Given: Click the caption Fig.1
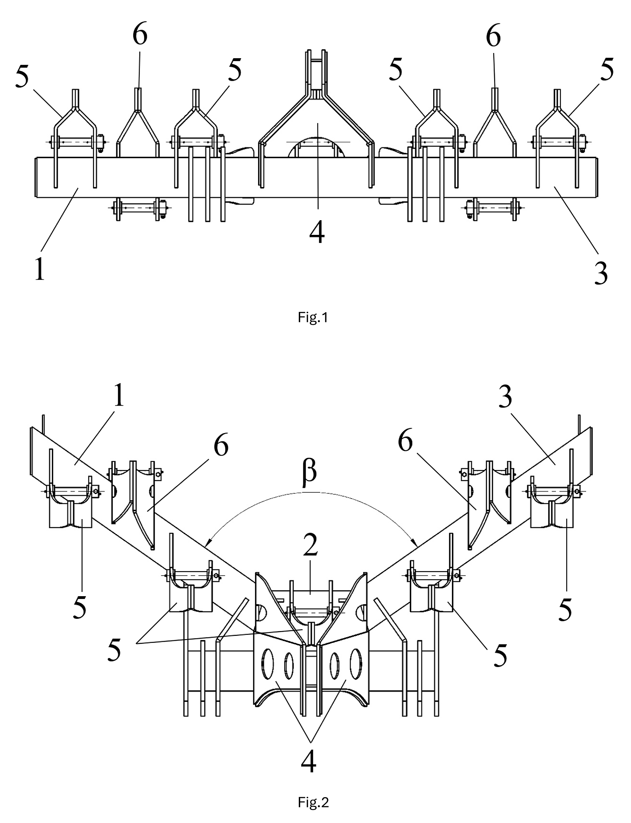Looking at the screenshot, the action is click(x=313, y=318).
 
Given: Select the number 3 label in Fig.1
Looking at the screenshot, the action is click(x=601, y=273).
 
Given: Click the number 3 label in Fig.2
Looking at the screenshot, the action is click(x=506, y=397).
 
